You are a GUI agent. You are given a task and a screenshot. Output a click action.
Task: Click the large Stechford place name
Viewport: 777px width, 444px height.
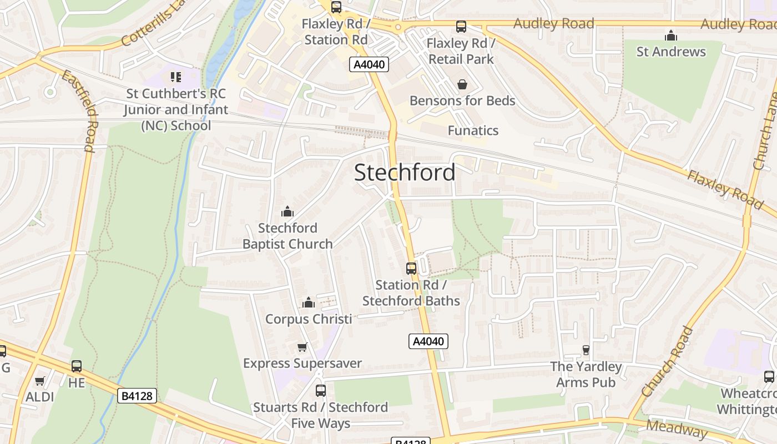(x=405, y=173)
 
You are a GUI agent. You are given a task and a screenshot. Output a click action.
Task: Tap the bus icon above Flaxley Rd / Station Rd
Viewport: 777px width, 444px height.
(x=336, y=7)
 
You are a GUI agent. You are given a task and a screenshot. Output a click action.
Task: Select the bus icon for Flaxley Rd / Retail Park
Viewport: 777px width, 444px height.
(x=461, y=27)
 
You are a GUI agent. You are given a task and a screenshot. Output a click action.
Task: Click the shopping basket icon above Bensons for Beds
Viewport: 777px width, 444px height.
(x=462, y=84)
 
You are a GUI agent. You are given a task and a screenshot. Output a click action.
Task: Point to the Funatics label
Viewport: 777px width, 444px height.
(x=473, y=130)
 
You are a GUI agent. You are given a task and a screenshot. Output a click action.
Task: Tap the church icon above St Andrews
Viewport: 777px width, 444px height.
(x=671, y=36)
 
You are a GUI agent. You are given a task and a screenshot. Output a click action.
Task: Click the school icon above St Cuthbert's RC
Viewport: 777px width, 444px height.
(x=176, y=77)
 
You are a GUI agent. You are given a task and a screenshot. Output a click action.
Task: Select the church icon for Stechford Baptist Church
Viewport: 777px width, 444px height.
(x=287, y=211)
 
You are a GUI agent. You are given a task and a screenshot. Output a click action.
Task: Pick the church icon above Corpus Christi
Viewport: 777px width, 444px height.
(x=308, y=302)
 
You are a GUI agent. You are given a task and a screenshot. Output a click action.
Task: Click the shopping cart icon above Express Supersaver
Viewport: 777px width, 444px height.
(x=302, y=347)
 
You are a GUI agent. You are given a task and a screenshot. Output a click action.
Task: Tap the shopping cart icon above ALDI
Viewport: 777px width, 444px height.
(x=39, y=381)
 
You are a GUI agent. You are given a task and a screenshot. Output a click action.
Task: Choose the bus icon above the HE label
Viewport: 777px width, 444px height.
(x=76, y=366)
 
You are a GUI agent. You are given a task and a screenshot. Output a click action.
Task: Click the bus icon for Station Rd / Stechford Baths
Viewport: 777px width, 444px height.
(x=411, y=269)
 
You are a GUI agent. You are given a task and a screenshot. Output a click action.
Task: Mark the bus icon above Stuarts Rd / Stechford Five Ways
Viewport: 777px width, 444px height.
(x=320, y=391)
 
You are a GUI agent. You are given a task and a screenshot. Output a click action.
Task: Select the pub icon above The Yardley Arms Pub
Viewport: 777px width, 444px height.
(x=586, y=350)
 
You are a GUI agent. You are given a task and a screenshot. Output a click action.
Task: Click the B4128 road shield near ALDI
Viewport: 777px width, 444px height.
(x=137, y=396)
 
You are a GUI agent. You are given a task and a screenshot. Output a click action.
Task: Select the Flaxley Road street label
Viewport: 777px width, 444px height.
(x=725, y=189)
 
